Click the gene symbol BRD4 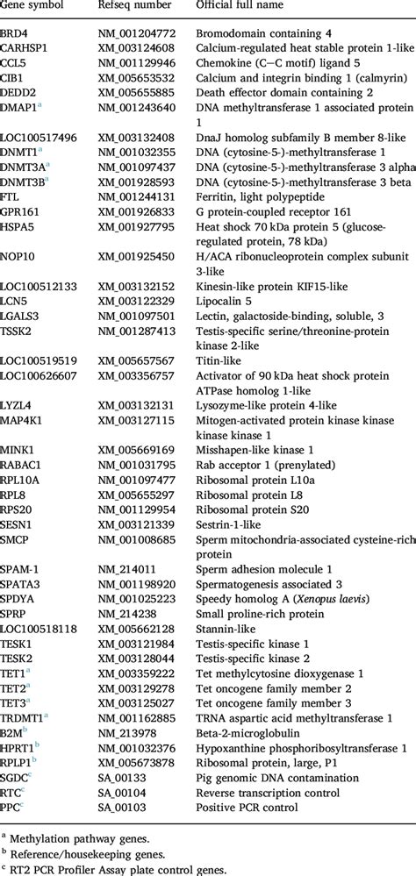point(14,32)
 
